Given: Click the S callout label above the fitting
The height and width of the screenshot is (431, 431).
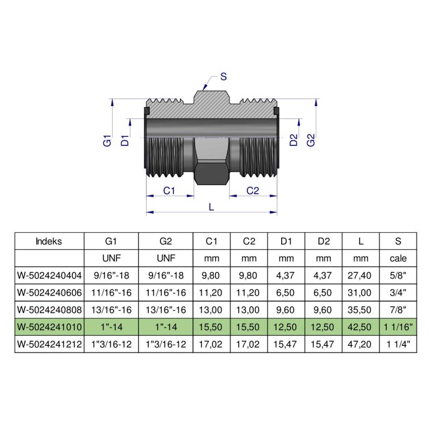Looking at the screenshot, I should coord(223,77).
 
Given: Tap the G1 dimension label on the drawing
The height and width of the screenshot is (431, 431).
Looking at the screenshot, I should coord(107,141).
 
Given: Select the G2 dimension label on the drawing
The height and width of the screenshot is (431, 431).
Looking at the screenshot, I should coord(311,141).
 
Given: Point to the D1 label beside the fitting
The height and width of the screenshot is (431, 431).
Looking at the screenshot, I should coord(124,141).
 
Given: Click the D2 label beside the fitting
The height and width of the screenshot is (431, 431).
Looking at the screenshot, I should coord(294,141).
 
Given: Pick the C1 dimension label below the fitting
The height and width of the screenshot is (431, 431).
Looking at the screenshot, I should coord(170,190).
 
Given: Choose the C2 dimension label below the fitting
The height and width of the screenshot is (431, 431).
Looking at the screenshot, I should coord(253,190).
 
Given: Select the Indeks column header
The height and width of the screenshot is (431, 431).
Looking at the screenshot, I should coord(48,241).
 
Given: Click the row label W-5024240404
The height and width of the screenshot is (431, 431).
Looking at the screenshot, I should coord(50,276).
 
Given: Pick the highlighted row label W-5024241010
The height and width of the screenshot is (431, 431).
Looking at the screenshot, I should coord(50,328).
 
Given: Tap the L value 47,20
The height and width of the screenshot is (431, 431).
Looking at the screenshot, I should coord(360,345).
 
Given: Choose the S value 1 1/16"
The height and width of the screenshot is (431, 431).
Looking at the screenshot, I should coord(398,328).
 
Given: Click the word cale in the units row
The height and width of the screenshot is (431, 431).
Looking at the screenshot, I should coord(398,259).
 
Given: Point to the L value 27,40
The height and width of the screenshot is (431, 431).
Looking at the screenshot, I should coord(360,276).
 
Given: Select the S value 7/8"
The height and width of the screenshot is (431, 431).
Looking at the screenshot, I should coord(398,310).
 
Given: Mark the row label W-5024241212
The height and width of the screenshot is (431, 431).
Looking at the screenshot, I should coord(50,345).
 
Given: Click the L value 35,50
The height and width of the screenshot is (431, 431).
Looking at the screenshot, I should coord(360,310).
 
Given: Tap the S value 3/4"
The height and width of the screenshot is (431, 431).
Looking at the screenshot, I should coord(398,293).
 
